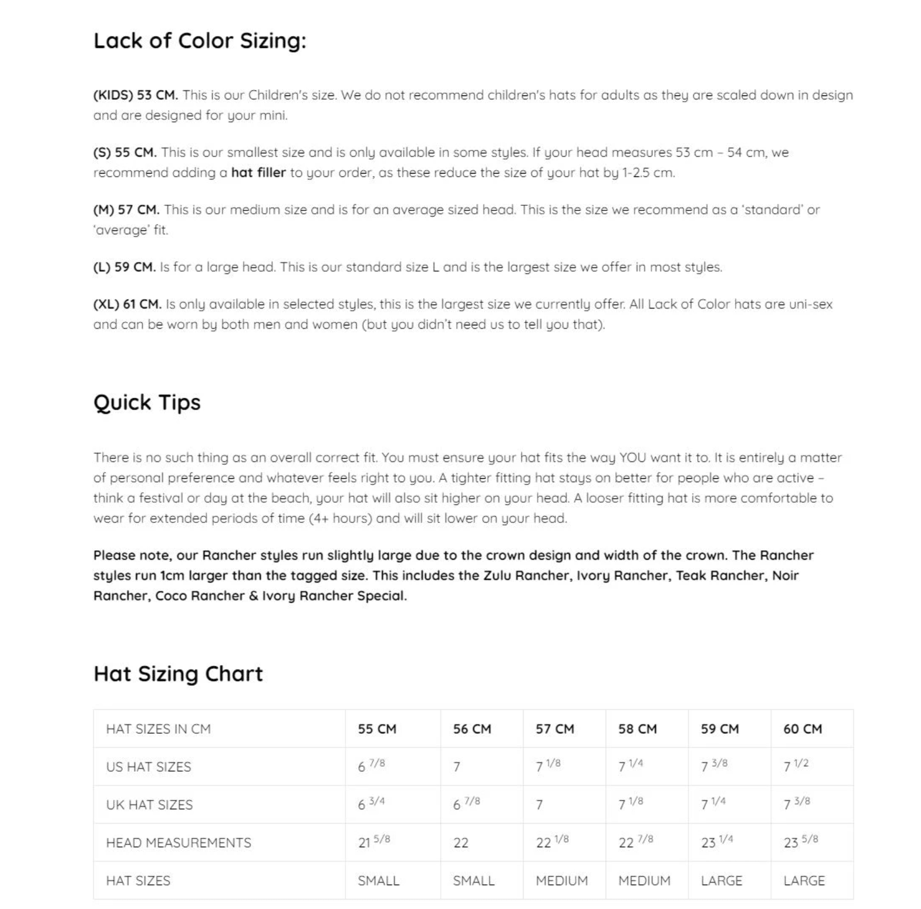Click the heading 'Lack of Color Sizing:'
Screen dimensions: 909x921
coord(200,41)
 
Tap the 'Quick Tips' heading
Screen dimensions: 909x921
coord(147,402)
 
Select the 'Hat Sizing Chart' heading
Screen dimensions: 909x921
coord(178,674)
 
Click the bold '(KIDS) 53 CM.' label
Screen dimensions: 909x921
coord(136,95)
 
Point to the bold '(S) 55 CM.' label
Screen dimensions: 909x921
coord(125,152)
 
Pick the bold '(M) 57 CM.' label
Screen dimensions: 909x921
coord(126,210)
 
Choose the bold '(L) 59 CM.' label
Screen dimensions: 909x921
coord(124,267)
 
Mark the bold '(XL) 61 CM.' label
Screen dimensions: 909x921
coord(127,304)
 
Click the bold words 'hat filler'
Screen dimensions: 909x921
coord(258,172)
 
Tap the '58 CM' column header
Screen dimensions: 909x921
coord(637,729)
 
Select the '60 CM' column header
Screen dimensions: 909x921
coord(803,729)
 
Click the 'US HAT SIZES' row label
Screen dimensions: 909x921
coord(148,767)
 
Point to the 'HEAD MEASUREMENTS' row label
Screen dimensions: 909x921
coord(179,843)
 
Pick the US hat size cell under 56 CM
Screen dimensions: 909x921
coord(457,767)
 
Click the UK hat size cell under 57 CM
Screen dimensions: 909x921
coord(539,805)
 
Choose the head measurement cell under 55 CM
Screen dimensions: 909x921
coord(374,842)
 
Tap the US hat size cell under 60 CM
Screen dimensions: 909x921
coord(796,766)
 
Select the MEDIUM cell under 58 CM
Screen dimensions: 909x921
coord(644,881)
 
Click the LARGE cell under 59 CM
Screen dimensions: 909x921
coord(721,881)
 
